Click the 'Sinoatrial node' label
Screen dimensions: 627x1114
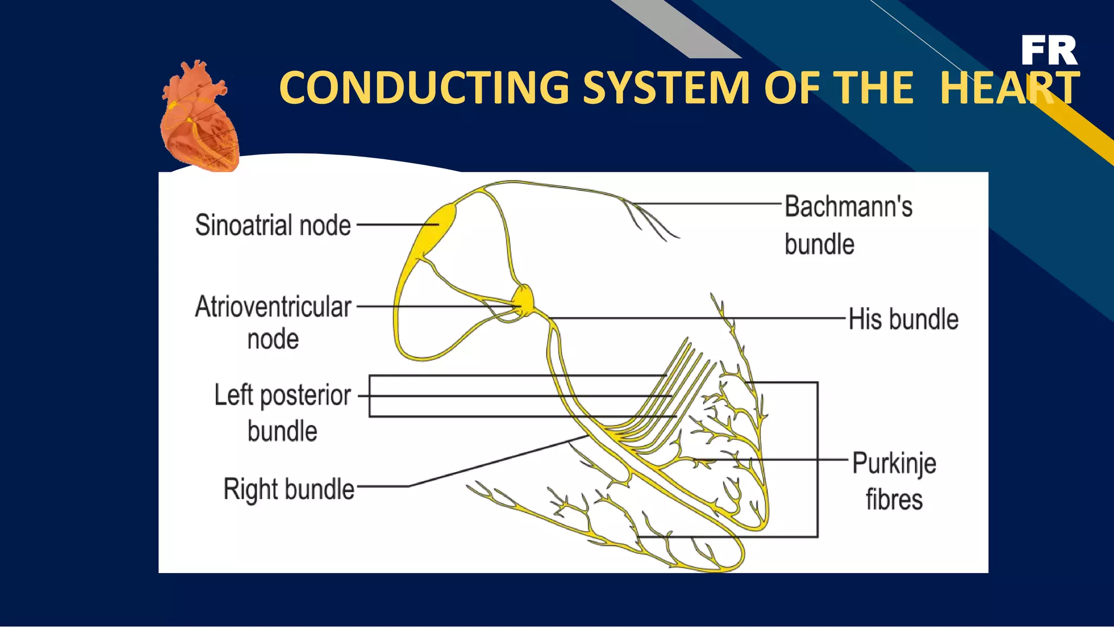point(273,225)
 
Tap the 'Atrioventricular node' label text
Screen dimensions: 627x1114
point(273,322)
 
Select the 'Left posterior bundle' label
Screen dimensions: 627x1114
point(282,412)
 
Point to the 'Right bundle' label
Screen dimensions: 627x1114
point(289,489)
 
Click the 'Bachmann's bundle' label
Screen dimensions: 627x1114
point(847,225)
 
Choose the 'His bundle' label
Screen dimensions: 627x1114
point(903,319)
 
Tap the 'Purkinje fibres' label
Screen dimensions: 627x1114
point(894,481)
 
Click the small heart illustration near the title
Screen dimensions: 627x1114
point(200,117)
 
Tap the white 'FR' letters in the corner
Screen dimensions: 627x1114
point(1049,51)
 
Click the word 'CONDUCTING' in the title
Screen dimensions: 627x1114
point(424,88)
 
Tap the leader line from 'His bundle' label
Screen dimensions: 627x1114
point(696,318)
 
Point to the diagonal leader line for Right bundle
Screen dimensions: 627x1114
point(495,461)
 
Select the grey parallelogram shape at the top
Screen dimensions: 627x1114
point(677,27)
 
